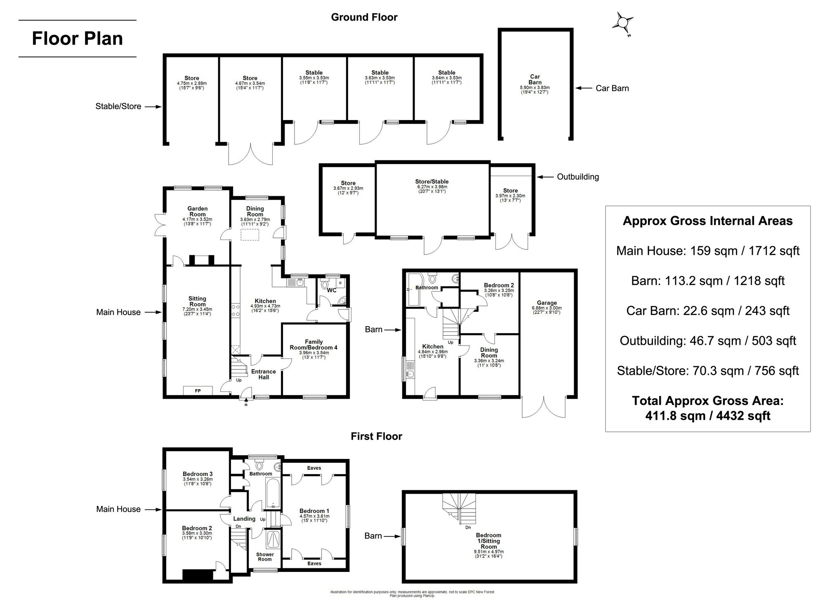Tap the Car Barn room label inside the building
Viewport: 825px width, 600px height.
[x=535, y=80]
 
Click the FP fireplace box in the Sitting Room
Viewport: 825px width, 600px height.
[x=198, y=390]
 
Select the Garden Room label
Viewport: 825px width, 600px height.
[x=198, y=211]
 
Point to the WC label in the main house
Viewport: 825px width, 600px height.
[x=332, y=290]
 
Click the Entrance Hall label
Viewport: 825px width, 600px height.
[x=264, y=374]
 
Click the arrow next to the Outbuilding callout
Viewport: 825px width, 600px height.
[x=545, y=177]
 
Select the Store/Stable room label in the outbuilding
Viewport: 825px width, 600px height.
[x=431, y=181]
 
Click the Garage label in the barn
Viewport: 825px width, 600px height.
[x=547, y=303]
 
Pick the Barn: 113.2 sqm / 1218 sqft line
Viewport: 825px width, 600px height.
[x=707, y=281]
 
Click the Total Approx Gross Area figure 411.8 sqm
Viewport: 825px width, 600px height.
[x=707, y=415]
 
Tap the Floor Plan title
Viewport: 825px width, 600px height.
[x=77, y=39]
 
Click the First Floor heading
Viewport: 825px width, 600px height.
[x=376, y=436]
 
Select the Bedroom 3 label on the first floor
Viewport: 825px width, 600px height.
[x=198, y=474]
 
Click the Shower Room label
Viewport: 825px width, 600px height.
[x=265, y=557]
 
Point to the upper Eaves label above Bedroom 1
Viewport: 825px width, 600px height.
[x=314, y=468]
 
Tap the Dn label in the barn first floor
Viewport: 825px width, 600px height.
[x=468, y=527]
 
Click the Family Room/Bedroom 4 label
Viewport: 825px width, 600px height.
[x=313, y=344]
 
